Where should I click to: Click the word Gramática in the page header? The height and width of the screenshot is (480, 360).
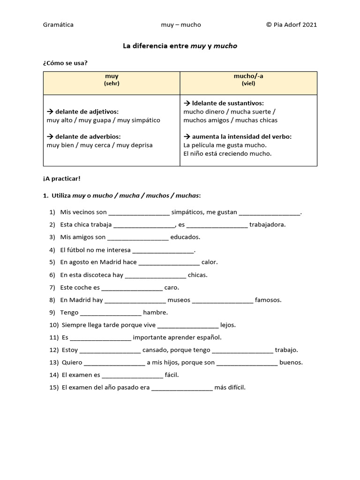coord(58,25)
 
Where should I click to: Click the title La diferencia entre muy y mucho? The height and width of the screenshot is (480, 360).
coord(180,46)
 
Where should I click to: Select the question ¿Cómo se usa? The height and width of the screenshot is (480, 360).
coord(65,63)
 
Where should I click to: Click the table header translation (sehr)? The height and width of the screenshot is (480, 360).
coord(112,83)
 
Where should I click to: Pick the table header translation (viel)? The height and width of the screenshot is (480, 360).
coord(248,83)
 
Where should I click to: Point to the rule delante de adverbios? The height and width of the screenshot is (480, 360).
coord(84,137)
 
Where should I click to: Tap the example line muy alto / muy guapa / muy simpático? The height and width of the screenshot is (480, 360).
coord(104,120)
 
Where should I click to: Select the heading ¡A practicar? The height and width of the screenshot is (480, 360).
coord(61,179)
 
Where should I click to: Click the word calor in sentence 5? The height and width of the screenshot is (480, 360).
coord(210,262)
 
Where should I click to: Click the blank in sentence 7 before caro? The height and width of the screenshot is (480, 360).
coord(132,287)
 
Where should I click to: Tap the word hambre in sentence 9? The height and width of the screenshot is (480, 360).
coord(155,313)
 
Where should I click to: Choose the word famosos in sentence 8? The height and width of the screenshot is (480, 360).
coord(268,300)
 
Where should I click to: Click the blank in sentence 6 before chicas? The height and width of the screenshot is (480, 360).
coord(156,275)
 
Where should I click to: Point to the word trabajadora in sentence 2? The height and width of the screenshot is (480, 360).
coord(268,225)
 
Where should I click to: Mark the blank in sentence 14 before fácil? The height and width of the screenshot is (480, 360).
coord(132,375)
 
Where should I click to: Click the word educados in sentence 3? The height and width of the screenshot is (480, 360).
coord(185,237)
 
